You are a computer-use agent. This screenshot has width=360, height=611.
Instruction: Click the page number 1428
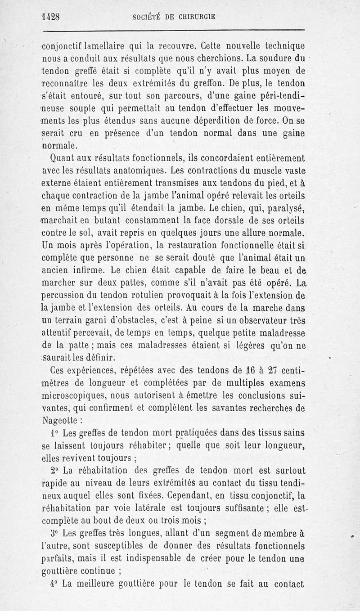click(x=50, y=17)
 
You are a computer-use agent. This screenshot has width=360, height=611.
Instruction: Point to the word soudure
click(x=275, y=58)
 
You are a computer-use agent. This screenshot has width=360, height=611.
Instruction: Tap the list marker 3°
click(x=54, y=534)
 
